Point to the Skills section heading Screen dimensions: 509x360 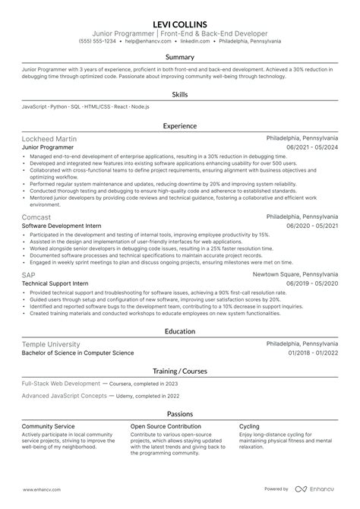(x=180, y=94)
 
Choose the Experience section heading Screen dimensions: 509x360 (x=180, y=126)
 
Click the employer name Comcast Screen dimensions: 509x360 (x=36, y=217)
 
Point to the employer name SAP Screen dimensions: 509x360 (x=29, y=273)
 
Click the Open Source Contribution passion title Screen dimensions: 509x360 (x=166, y=426)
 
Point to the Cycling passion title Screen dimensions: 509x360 (x=249, y=426)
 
